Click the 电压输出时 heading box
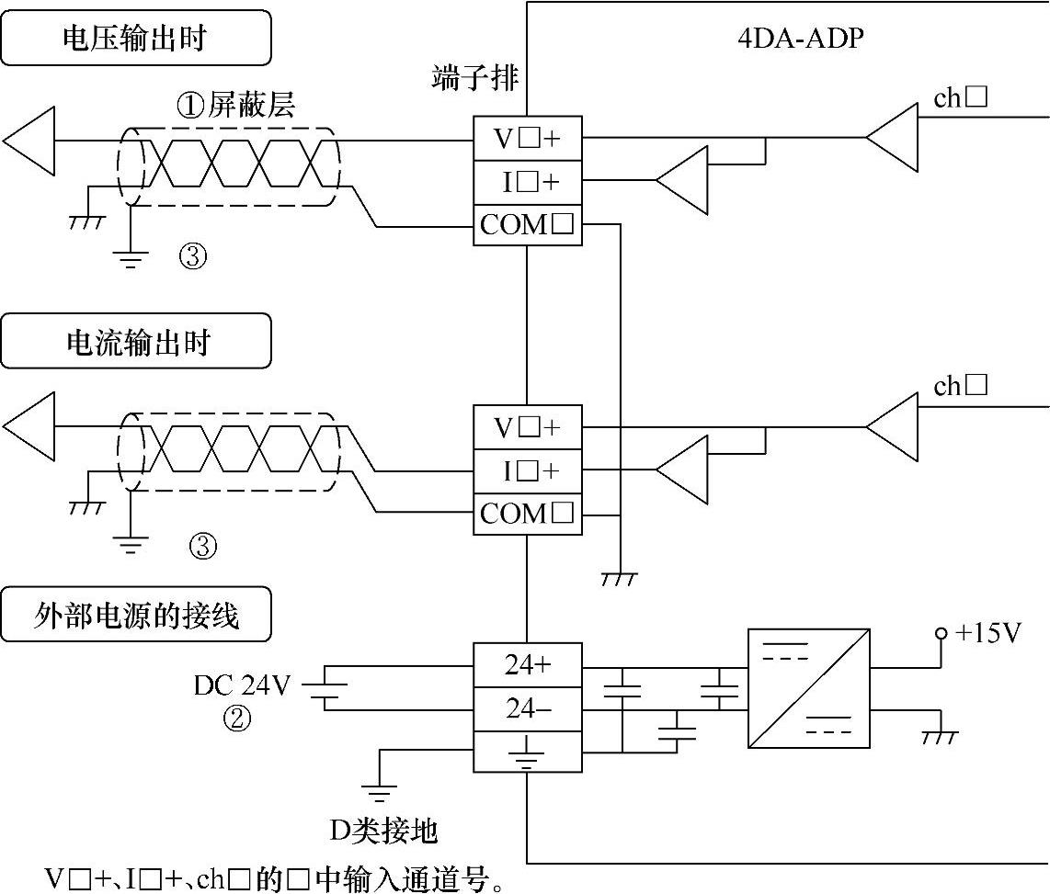[136, 38]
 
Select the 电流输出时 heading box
[136, 341]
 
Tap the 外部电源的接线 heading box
[136, 614]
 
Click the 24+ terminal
[528, 665]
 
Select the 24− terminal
[528, 708]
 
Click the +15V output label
[988, 633]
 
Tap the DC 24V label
[242, 685]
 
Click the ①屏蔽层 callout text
[235, 107]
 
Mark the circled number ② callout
[237, 719]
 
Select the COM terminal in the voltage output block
[528, 225]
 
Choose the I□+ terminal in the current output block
[528, 470]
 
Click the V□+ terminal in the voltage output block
[528, 139]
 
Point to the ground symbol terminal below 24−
[528, 753]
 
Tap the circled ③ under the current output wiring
[202, 547]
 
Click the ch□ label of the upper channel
[960, 97]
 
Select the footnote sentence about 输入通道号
[276, 878]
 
